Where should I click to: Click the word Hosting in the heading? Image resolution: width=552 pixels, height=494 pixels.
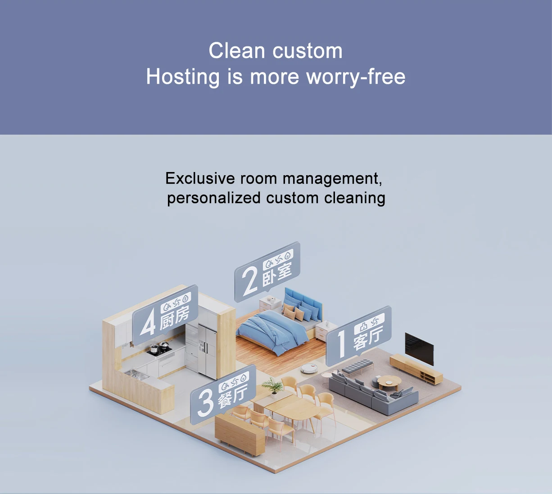(x=182, y=77)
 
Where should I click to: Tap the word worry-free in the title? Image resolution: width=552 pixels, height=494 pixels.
(x=356, y=77)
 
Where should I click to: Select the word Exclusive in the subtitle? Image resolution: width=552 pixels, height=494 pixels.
(x=200, y=178)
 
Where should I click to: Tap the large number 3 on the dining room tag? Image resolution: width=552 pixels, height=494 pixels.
(x=205, y=403)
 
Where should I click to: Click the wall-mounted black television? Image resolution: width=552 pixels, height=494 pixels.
(x=419, y=348)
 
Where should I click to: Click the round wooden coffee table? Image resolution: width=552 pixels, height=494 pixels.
(x=389, y=382)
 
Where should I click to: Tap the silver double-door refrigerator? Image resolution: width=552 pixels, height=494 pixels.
(x=207, y=351)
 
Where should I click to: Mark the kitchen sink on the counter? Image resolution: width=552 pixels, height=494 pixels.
(x=135, y=373)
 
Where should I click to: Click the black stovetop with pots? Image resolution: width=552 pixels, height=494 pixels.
(x=159, y=349)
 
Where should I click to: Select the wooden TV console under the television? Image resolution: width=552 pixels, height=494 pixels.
(x=416, y=368)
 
